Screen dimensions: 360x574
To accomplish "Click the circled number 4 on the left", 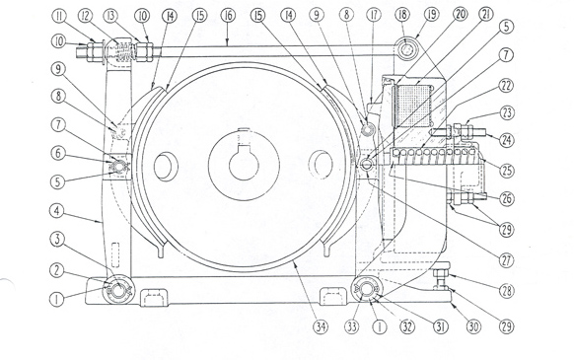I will point(59,210).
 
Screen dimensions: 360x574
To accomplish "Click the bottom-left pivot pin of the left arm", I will point(117,290).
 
